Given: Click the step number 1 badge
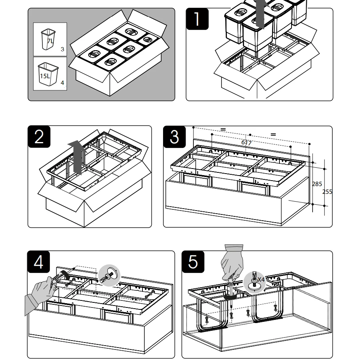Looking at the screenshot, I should [197, 19].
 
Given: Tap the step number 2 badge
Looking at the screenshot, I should [39, 137].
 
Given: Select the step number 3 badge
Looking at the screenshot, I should [174, 137].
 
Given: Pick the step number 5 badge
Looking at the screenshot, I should [193, 262].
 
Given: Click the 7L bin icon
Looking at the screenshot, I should [48, 39].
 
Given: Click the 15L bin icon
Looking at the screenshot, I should [47, 74].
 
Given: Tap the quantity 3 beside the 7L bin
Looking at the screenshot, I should [62, 49].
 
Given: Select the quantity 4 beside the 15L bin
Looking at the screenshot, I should [62, 83].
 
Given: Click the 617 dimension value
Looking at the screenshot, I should [246, 142].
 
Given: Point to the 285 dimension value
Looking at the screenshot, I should [317, 184].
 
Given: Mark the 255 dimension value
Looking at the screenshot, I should [327, 191].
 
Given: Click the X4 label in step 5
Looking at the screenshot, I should [261, 279].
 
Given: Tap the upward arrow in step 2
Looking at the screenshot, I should [77, 156].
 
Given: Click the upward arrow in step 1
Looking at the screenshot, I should [261, 14].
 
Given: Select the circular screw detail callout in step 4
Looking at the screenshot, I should [109, 276].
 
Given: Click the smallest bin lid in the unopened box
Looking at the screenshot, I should [148, 39].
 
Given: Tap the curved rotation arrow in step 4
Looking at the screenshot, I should [66, 276].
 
